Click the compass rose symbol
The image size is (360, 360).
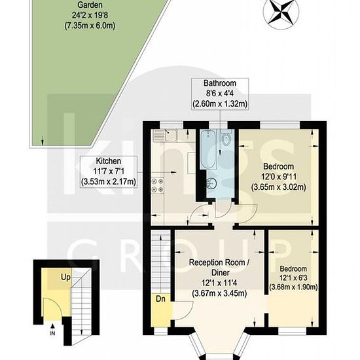click(x=281, y=12)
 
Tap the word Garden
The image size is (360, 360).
click(x=90, y=5)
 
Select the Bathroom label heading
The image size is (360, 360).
click(x=220, y=83)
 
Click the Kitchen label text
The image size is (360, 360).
click(x=109, y=161)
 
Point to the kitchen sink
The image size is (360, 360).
click(x=166, y=135)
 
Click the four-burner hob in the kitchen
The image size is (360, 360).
click(x=158, y=185)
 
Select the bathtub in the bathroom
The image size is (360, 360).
click(x=207, y=149)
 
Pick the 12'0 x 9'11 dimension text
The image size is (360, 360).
click(x=279, y=177)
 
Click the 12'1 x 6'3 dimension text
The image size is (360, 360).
click(x=293, y=278)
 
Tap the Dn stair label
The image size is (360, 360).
click(x=160, y=299)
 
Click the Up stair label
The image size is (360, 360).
click(x=65, y=278)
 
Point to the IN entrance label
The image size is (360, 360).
click(x=52, y=333)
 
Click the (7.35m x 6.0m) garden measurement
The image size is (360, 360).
click(x=90, y=26)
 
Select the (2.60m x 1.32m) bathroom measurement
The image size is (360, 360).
click(x=220, y=104)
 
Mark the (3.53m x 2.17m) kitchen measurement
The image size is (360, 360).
click(x=109, y=182)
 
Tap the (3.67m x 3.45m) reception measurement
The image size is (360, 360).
click(x=219, y=294)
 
